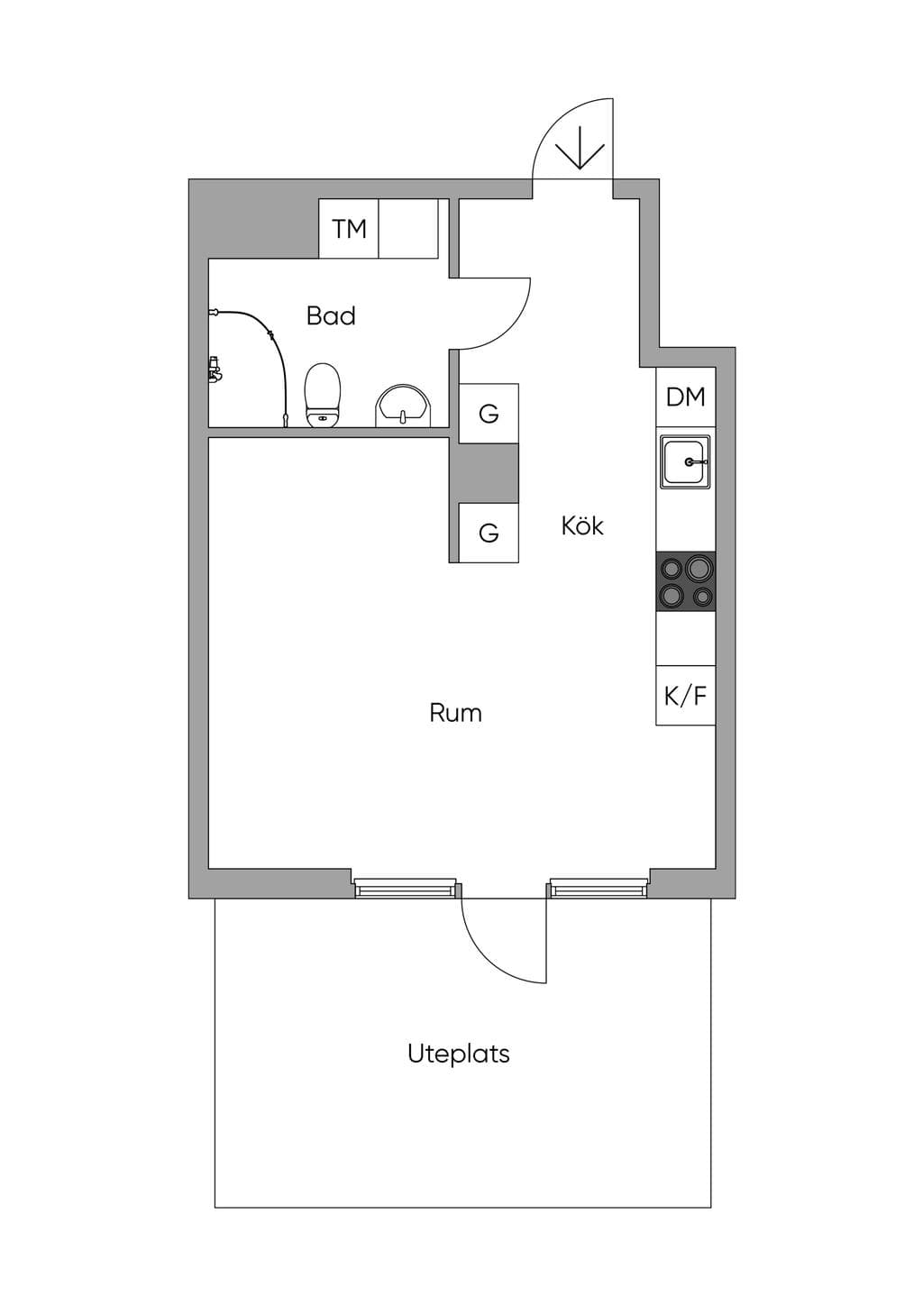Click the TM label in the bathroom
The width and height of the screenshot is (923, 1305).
click(349, 229)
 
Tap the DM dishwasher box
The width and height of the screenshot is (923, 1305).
click(686, 397)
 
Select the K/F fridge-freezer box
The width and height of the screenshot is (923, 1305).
click(686, 696)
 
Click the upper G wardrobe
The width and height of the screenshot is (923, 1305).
click(489, 413)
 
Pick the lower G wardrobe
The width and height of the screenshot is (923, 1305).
click(489, 533)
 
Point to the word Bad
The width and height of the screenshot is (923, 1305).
click(331, 315)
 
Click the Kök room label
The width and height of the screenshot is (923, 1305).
click(582, 525)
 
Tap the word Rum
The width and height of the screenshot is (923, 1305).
click(456, 713)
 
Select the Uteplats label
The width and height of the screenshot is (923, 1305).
click(459, 1054)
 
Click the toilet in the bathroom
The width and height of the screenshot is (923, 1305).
click(322, 396)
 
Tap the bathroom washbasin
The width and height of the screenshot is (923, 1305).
click(405, 406)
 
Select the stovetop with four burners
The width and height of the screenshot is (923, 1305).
click(686, 581)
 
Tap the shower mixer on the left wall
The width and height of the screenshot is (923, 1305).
click(215, 370)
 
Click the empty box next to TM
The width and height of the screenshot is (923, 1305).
click(408, 228)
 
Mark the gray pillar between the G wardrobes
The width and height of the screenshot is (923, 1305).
click(483, 473)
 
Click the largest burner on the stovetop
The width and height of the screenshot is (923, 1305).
click(699, 567)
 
